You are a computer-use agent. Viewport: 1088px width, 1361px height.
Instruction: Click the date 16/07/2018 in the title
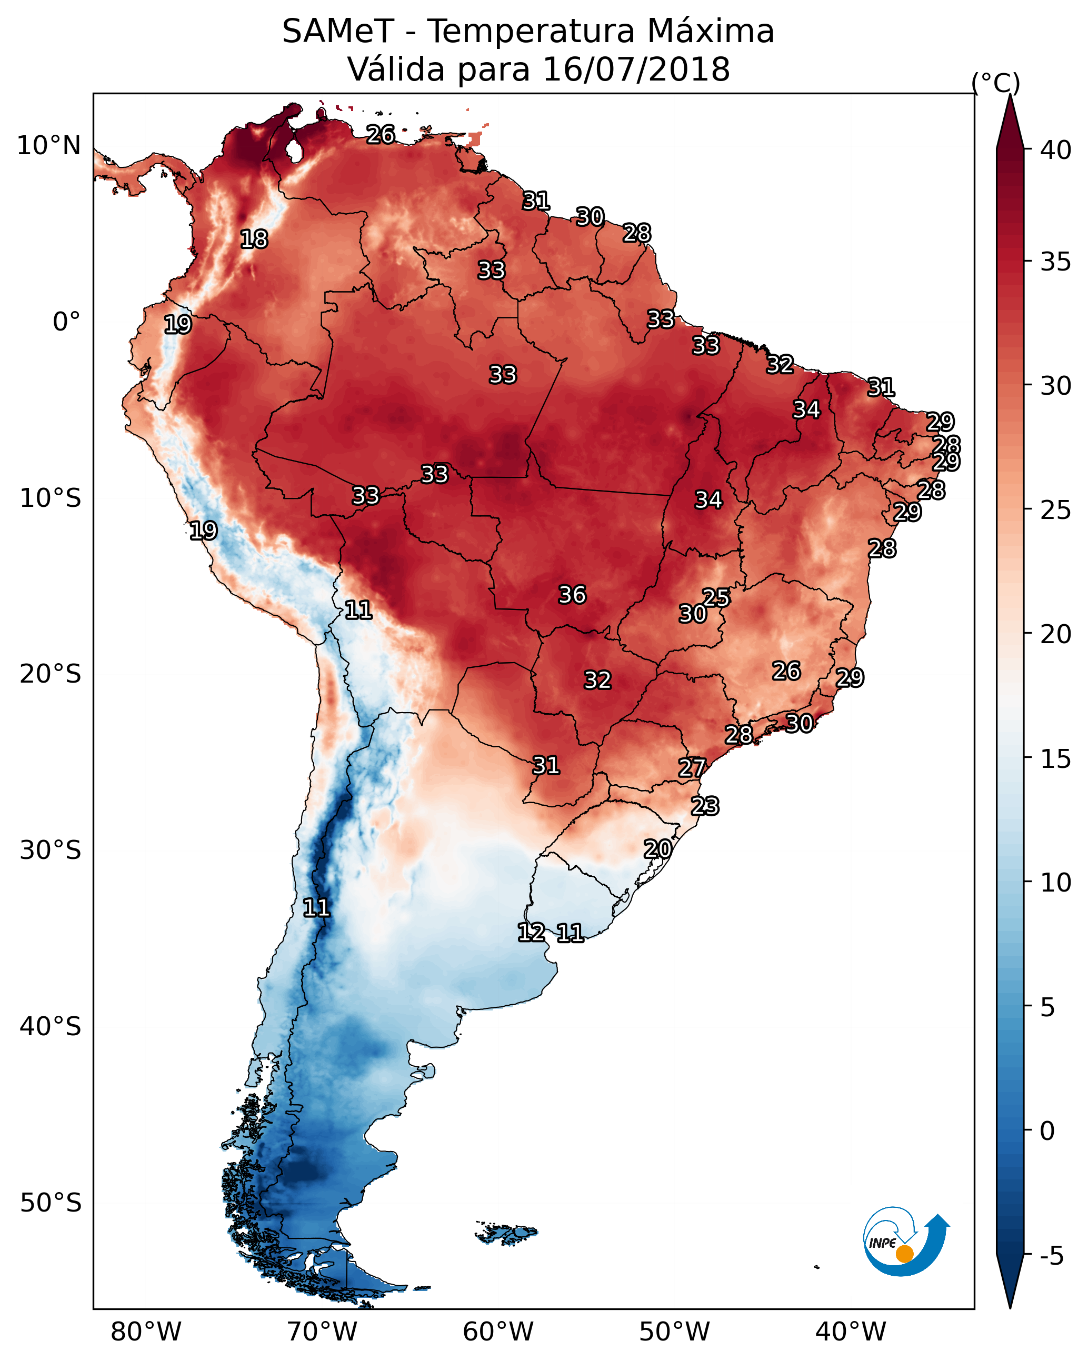coord(636,69)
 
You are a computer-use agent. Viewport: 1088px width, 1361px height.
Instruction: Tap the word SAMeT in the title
coord(338,32)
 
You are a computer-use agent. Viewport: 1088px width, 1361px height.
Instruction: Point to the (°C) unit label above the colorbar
coord(996,83)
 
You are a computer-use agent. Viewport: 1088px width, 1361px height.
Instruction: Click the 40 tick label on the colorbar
coord(1056,150)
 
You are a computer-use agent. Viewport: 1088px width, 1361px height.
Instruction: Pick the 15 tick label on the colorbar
coord(1056,759)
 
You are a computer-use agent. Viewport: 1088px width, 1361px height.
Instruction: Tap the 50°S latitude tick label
coord(51,1203)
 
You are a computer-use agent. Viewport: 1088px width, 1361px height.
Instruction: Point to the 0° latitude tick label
coord(66,322)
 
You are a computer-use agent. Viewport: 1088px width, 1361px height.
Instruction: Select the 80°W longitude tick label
coord(146,1332)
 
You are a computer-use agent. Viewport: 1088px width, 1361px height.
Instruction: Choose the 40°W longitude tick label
coord(851,1332)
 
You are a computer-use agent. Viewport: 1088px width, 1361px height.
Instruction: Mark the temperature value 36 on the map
coord(572,595)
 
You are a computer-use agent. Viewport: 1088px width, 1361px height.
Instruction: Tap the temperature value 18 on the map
coord(254,239)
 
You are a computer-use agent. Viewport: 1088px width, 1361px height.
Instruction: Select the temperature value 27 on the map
coord(692,768)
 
